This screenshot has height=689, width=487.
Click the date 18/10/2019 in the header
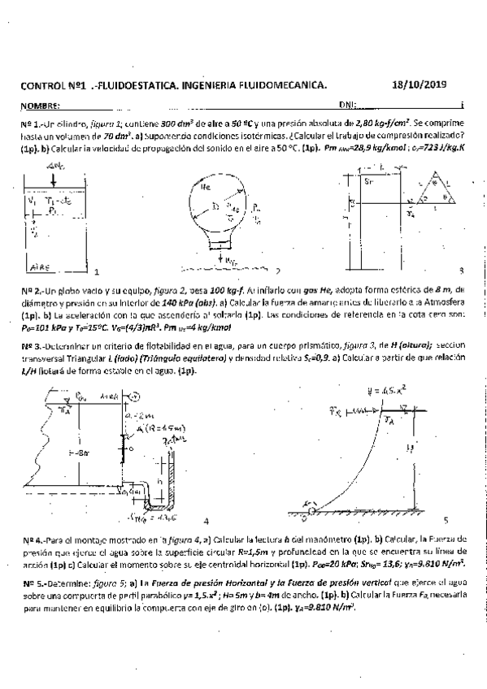(424, 84)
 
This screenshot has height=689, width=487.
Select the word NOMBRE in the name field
(41, 106)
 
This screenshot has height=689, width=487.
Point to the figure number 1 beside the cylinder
(96, 271)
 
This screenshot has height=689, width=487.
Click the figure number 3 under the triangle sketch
(461, 269)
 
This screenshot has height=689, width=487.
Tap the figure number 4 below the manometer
(206, 521)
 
